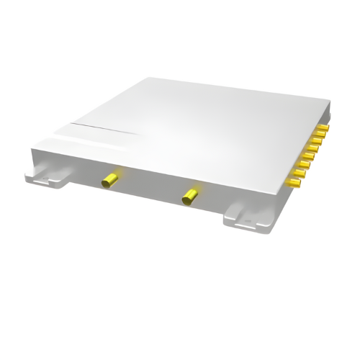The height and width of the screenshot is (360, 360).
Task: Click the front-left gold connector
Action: (110, 179)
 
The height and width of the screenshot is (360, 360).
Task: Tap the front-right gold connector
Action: (191, 193)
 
